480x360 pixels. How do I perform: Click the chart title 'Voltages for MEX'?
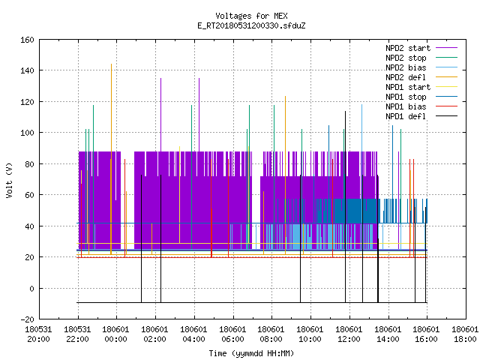(x=251, y=16)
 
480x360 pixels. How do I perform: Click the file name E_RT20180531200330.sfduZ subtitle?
(x=251, y=25)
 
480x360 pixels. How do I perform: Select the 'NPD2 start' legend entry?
(x=421, y=48)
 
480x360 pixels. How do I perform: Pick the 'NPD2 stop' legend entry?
(x=421, y=58)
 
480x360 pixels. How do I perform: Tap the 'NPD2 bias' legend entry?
(x=421, y=67)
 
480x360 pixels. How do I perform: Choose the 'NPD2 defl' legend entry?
(x=421, y=77)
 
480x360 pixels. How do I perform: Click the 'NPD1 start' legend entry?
(x=421, y=87)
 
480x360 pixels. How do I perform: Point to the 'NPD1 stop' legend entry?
(x=421, y=97)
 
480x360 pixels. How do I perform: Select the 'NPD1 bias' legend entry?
(x=421, y=106)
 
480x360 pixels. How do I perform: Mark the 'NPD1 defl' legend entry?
(x=421, y=117)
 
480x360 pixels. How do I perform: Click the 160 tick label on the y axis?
(x=27, y=40)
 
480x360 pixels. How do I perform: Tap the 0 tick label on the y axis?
(x=31, y=289)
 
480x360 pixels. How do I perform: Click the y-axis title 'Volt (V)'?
(x=9, y=180)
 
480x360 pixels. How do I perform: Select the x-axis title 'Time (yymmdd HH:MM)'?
(x=251, y=353)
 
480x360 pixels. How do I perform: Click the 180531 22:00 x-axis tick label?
(x=77, y=334)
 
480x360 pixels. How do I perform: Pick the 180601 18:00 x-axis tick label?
(x=465, y=334)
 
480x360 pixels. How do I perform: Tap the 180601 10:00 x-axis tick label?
(x=310, y=334)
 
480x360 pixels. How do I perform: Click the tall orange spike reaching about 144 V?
(x=112, y=159)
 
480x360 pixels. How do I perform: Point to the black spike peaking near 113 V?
(x=345, y=207)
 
